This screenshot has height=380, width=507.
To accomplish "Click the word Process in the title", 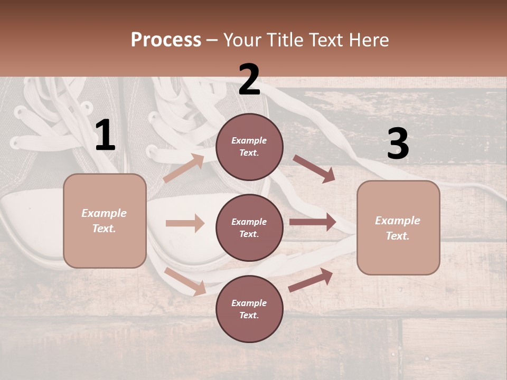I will [166, 40].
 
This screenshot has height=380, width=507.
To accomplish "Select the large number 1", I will [105, 136].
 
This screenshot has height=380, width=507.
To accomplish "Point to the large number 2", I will [249, 80].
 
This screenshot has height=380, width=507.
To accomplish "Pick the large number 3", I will [398, 144].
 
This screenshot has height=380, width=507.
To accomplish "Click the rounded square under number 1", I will [105, 221].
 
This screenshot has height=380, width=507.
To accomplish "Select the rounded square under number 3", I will [398, 228].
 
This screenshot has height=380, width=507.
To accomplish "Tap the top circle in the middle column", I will [249, 147].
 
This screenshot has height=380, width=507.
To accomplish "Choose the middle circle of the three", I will [249, 228].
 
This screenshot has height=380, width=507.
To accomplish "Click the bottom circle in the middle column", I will [249, 309].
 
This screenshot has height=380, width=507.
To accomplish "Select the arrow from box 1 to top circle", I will [184, 168].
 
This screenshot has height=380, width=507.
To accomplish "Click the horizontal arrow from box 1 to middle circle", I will [185, 223].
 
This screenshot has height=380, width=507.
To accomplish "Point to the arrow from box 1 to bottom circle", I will [185, 281].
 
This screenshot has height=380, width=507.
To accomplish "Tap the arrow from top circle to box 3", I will [314, 169].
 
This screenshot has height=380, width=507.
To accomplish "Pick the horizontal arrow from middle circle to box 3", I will [313, 222].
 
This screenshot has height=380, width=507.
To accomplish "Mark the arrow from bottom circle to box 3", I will [311, 280].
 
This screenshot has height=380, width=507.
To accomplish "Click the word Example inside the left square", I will [104, 213].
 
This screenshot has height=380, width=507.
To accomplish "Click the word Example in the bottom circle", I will [249, 303].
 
